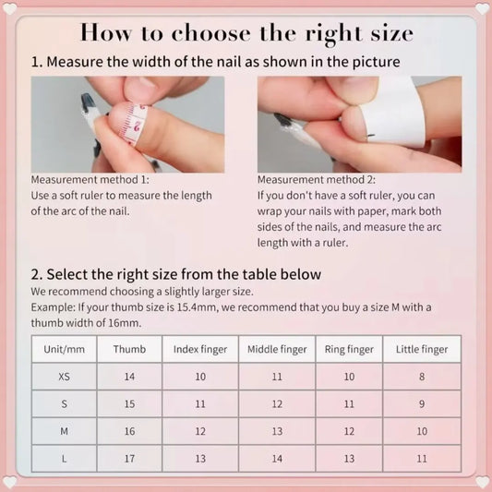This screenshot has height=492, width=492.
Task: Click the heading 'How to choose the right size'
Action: (x=246, y=33)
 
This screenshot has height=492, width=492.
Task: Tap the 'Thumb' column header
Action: (x=129, y=350)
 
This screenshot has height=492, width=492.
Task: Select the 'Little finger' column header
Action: (x=422, y=350)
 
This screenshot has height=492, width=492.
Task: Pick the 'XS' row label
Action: (x=63, y=377)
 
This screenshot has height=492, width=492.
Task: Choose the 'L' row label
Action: (x=63, y=458)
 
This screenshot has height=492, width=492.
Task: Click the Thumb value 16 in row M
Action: (x=129, y=431)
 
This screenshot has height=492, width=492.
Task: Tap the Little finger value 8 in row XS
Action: (x=422, y=377)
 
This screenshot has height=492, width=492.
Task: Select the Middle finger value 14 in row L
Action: (x=277, y=458)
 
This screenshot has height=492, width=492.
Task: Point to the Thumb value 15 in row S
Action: (x=129, y=404)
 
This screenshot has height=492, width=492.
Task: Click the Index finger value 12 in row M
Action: (x=200, y=431)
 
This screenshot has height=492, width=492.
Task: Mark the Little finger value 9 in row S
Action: (x=422, y=404)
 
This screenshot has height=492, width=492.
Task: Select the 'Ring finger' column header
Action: (x=349, y=350)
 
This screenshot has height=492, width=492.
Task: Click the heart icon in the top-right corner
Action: (x=481, y=9)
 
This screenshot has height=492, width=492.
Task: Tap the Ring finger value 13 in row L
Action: (x=349, y=458)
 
